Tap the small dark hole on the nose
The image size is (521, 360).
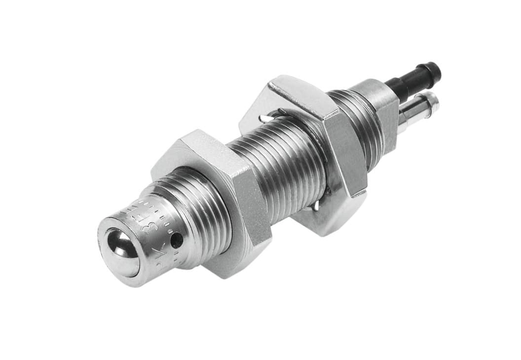[176, 240]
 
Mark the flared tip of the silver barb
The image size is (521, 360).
[431, 101]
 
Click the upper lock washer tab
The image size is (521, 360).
[269, 118]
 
